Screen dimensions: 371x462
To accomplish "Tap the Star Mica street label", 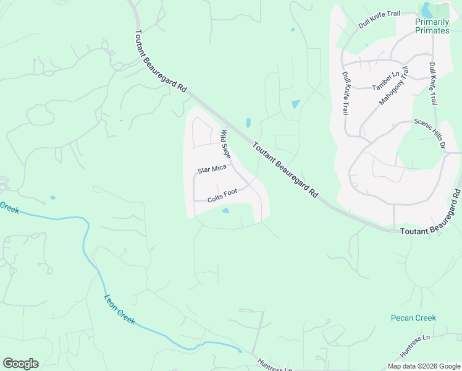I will click(x=212, y=169).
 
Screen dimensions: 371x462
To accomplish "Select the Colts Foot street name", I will click(x=222, y=194).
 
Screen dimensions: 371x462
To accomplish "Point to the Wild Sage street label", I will click(x=227, y=142).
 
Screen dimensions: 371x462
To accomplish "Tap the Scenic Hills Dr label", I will click(x=430, y=134).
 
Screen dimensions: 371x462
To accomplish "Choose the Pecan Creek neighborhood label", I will click(x=413, y=318).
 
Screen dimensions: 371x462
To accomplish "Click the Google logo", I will click(x=20, y=364).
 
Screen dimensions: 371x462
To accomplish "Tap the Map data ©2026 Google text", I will click(x=424, y=366).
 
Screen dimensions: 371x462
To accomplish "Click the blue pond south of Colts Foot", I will click(x=225, y=211).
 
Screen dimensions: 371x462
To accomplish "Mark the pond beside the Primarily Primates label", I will click(x=426, y=9).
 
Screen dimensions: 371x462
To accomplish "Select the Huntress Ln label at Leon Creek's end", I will click(x=275, y=365).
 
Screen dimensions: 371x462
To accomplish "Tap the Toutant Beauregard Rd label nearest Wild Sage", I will click(x=285, y=168).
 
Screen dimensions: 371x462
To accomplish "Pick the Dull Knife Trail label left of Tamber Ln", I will click(x=346, y=93).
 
